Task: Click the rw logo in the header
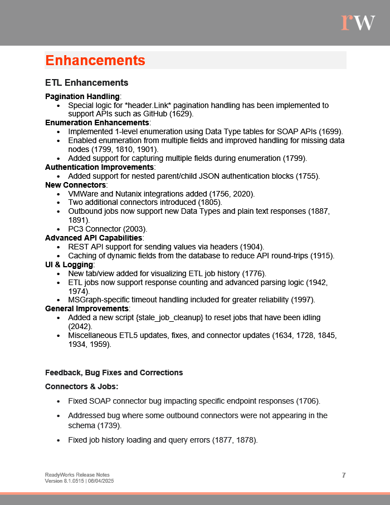(358, 22)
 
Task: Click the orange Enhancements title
(95, 60)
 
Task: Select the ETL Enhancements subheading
(86, 83)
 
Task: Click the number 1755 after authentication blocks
(308, 176)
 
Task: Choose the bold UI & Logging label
(69, 264)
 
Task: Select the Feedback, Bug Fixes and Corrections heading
(114, 372)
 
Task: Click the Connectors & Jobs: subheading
(81, 386)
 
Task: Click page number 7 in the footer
(344, 475)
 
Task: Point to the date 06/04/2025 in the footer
(100, 481)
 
